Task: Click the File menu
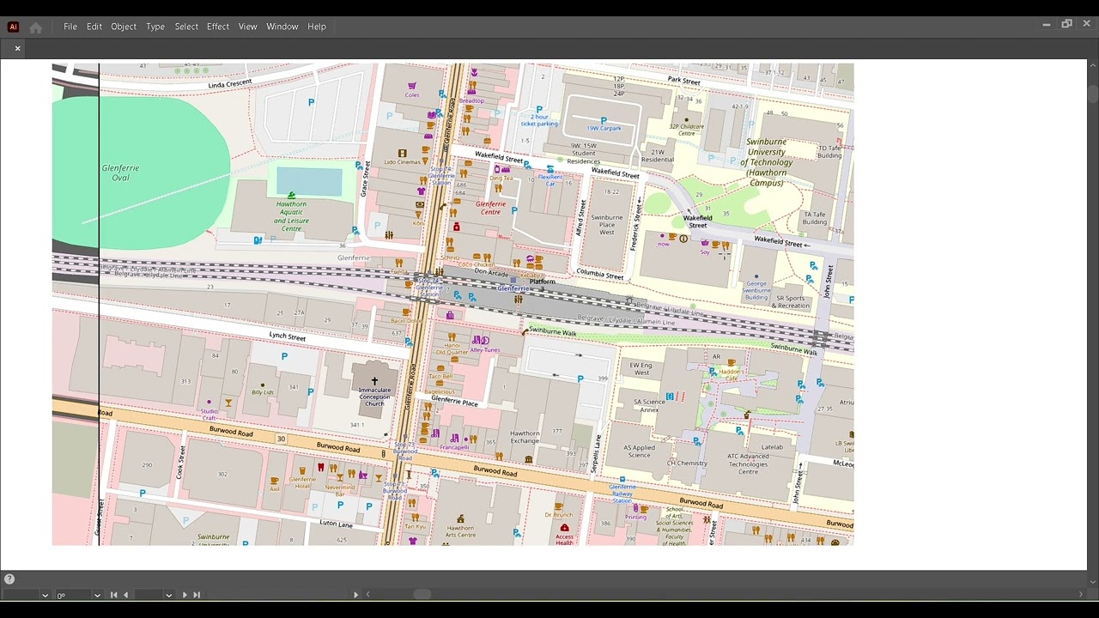70,27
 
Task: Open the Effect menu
218,27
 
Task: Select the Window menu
282,27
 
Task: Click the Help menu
317,27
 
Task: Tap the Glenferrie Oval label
120,173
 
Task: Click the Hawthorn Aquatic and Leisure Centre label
291,216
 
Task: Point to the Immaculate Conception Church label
374,397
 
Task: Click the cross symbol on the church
374,380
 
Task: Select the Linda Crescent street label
230,83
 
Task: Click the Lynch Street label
287,336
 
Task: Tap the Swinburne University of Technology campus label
767,162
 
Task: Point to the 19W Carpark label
604,129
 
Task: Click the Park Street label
683,81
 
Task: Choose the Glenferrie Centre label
490,208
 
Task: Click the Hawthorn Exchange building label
525,437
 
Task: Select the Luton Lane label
336,524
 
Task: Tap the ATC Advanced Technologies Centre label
748,463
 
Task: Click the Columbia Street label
600,274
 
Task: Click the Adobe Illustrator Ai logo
13,27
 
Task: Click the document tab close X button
17,48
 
